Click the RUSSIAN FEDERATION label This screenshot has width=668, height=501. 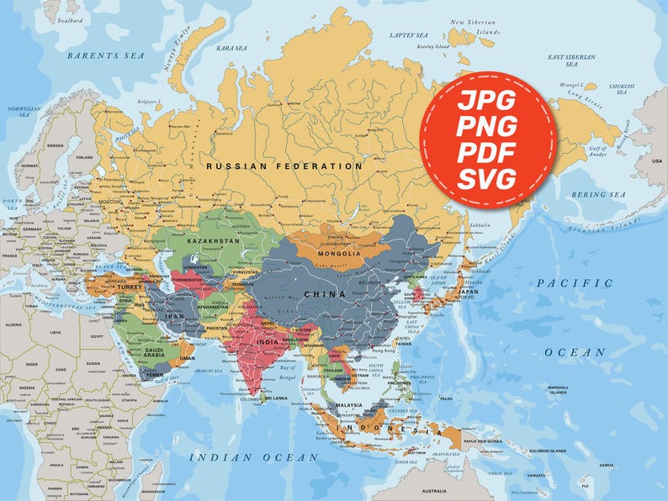point(284,166)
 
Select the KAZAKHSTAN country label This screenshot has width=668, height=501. point(213,241)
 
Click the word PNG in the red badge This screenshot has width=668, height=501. point(488,128)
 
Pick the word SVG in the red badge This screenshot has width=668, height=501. point(488,179)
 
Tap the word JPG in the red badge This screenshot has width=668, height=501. point(488,102)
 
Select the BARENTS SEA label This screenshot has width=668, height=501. point(106,55)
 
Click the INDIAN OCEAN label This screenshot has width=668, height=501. point(253,457)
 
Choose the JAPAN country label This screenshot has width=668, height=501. point(468,293)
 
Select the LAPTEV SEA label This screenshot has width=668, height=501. point(408,35)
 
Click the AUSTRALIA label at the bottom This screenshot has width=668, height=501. point(434,491)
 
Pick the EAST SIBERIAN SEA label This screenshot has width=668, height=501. point(571,60)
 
